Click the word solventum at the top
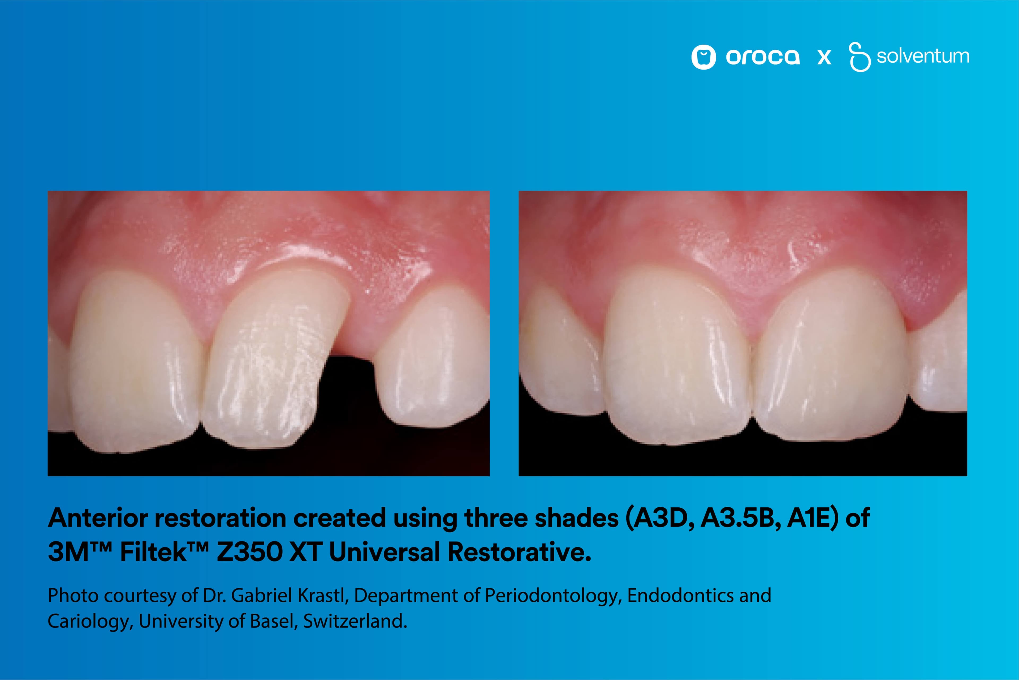pyautogui.click(x=923, y=56)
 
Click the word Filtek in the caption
pyautogui.click(x=153, y=552)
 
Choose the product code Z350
pyautogui.click(x=249, y=552)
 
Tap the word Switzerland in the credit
pyautogui.click(x=355, y=622)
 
